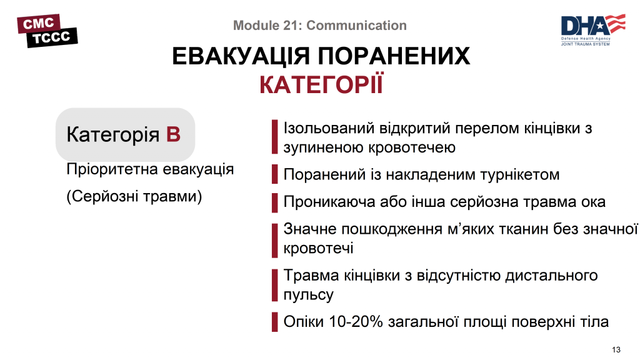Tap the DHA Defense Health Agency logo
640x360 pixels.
pyautogui.click(x=592, y=29)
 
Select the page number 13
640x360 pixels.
pyautogui.click(x=616, y=349)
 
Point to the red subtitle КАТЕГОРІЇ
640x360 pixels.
pyautogui.click(x=321, y=85)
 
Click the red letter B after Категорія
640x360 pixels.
pyautogui.click(x=173, y=134)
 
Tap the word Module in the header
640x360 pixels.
pyautogui.click(x=255, y=26)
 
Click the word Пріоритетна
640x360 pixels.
pyautogui.click(x=110, y=169)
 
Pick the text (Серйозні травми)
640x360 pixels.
pyautogui.click(x=134, y=196)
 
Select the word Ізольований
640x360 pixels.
pyautogui.click(x=329, y=128)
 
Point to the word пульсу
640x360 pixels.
pyautogui.click(x=308, y=294)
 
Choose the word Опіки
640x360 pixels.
pyautogui.click(x=304, y=322)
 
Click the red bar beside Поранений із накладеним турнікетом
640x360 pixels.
pyautogui.click(x=274, y=174)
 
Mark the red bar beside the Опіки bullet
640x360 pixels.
pyautogui.click(x=274, y=322)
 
